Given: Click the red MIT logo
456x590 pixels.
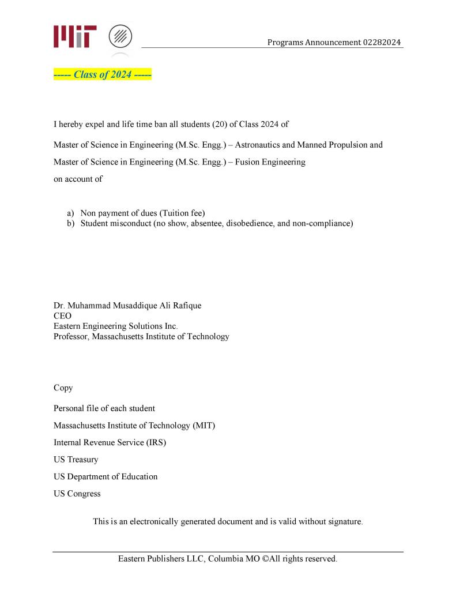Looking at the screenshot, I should pos(75,36).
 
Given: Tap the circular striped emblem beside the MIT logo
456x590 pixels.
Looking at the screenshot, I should pos(120,36).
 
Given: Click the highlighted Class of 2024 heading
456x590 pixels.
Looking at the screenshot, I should pos(102,74).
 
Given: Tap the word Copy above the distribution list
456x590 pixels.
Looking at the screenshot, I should pos(63,388).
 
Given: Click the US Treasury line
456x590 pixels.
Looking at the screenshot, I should pos(76,460).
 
